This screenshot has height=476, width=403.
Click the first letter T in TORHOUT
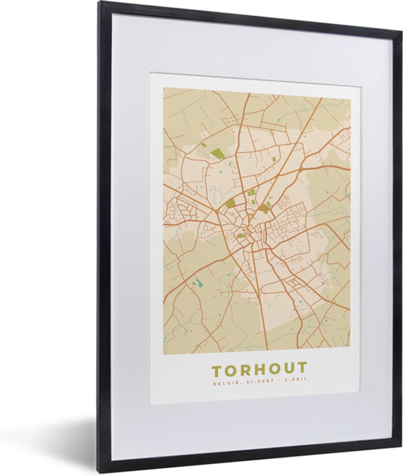pos(217,371)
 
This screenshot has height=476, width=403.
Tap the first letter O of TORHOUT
pos(230,371)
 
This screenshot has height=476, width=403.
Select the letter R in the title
pos(245,371)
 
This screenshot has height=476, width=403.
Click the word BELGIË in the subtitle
pos(221,383)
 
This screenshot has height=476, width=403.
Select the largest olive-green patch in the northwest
pos(217,153)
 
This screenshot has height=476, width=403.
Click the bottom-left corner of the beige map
pos(163,354)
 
